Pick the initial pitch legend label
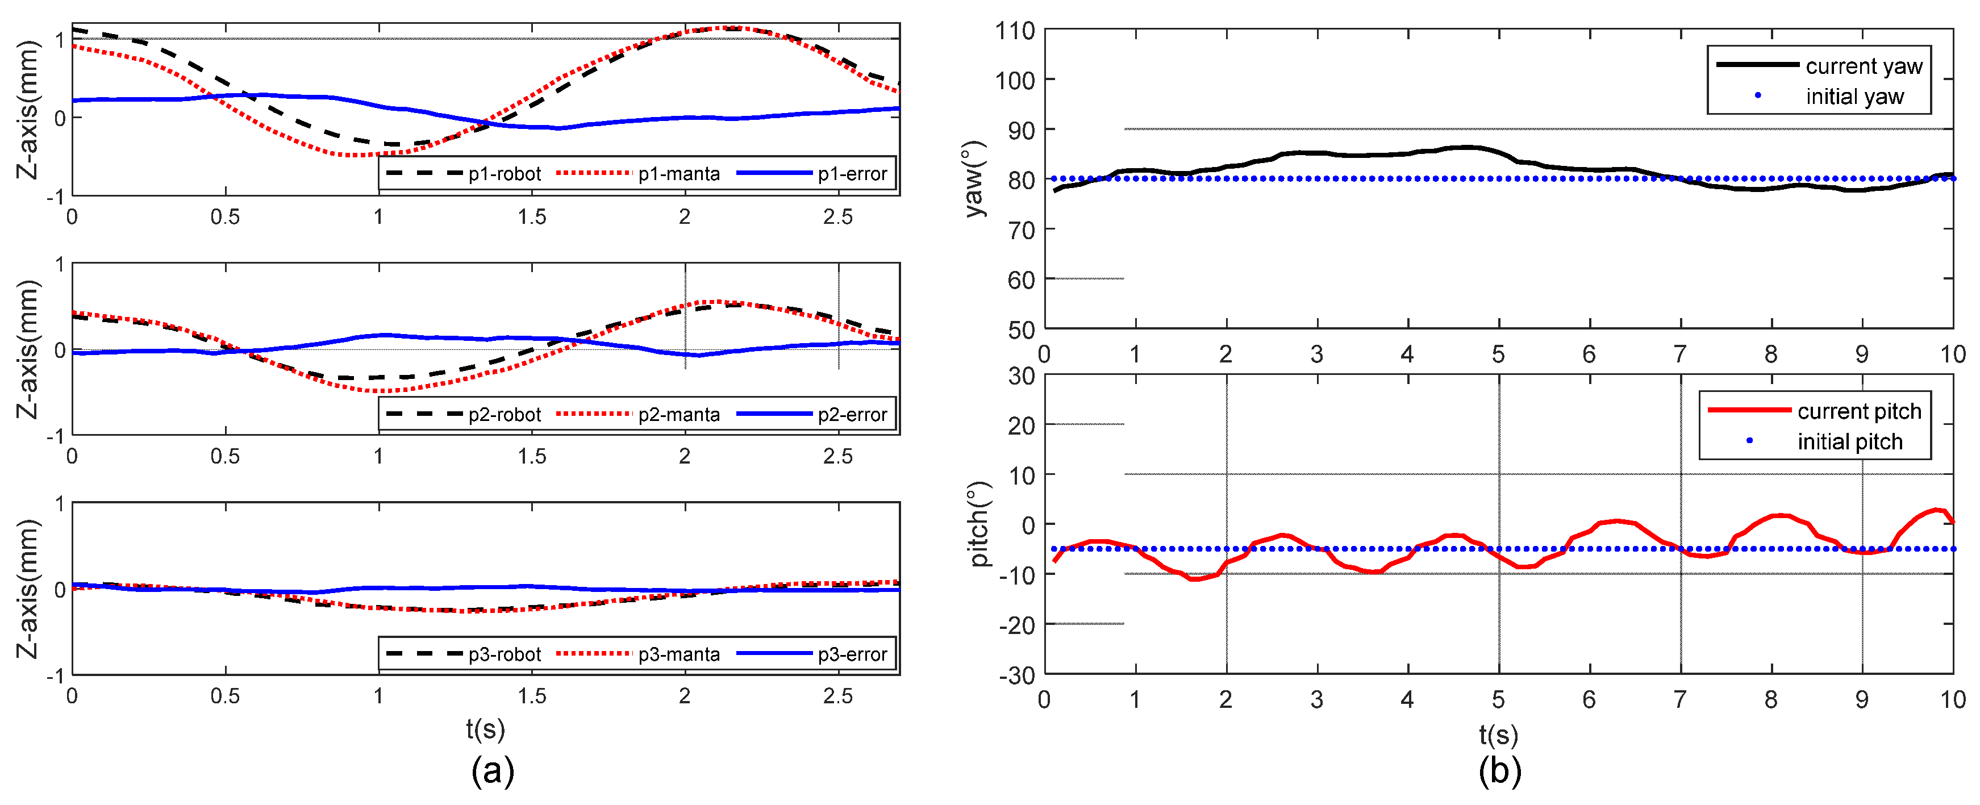(1849, 441)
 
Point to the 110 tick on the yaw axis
(1015, 31)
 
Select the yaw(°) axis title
(974, 179)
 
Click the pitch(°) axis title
(978, 524)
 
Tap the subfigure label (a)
(492, 770)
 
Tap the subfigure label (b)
(1499, 770)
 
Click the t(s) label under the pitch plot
(1499, 734)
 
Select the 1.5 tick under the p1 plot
(531, 217)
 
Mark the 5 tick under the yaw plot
(1498, 354)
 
